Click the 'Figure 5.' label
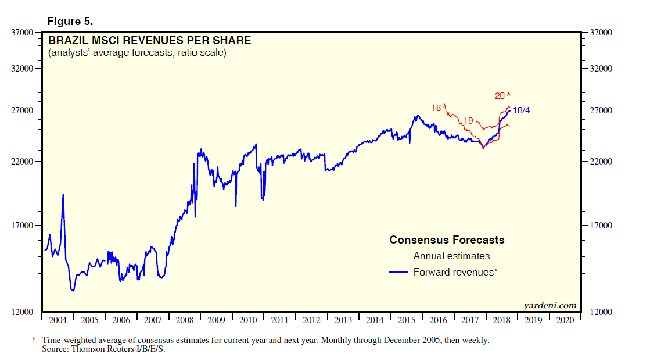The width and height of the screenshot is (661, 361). (x=70, y=22)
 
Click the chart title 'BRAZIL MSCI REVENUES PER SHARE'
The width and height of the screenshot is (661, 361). (x=149, y=41)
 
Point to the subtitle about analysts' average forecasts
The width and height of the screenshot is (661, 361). (x=137, y=53)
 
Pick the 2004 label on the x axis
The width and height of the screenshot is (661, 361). (x=58, y=320)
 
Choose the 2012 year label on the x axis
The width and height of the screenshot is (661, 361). (x=311, y=320)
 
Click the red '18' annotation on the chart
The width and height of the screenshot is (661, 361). (x=436, y=108)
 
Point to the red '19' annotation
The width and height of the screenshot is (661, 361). (x=469, y=120)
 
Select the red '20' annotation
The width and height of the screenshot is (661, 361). (x=500, y=96)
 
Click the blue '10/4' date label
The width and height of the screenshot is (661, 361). (x=522, y=110)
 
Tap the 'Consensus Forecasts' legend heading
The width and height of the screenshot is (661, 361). (x=447, y=240)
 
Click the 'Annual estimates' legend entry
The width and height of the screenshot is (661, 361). (x=451, y=256)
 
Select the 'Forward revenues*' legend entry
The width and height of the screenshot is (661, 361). (x=455, y=271)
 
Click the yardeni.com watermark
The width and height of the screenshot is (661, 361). (x=549, y=305)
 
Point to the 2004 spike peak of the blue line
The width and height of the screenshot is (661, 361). (x=63, y=194)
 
